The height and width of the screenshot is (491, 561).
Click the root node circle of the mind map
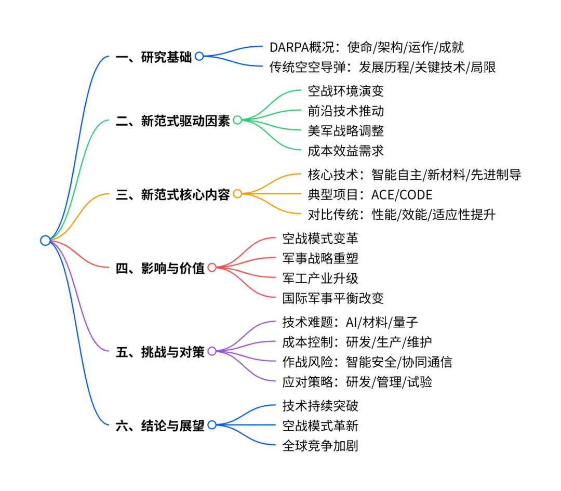(45, 240)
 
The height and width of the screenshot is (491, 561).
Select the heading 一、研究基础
(154, 57)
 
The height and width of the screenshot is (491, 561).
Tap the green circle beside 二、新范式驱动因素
(237, 120)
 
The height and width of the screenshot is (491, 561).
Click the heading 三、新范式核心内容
(172, 195)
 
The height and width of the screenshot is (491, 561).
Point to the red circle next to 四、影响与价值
(212, 268)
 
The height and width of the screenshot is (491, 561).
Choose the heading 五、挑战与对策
(160, 351)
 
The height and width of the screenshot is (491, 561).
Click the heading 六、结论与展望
(160, 426)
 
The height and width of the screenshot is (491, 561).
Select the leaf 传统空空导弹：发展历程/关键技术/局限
(382, 67)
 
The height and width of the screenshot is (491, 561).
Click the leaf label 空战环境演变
(345, 92)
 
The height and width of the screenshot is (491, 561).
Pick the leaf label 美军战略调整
(345, 131)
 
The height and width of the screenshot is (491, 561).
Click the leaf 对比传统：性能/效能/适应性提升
(402, 214)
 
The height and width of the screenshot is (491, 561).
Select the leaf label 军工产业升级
(320, 278)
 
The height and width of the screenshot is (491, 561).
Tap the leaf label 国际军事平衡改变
(333, 298)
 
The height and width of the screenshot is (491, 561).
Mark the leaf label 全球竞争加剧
(320, 445)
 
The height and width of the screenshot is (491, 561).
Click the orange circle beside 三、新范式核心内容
(237, 194)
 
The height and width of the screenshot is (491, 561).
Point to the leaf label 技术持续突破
(320, 406)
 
